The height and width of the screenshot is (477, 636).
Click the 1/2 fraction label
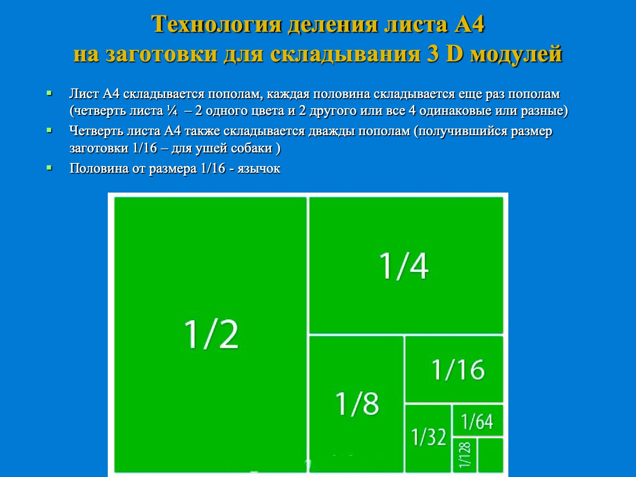pyautogui.click(x=211, y=334)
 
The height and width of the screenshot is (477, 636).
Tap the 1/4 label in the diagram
pyautogui.click(x=404, y=266)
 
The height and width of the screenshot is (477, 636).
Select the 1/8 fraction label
pyautogui.click(x=357, y=404)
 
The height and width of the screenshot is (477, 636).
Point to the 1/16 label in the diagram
pyautogui.click(x=458, y=370)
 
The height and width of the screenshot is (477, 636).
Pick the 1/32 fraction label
pyautogui.click(x=429, y=437)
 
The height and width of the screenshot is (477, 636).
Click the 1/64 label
pyautogui.click(x=477, y=421)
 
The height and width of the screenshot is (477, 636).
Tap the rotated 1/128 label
pyautogui.click(x=465, y=455)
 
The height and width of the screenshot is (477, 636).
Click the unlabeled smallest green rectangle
pyautogui.click(x=491, y=455)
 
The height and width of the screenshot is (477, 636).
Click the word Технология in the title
pyautogui.click(x=216, y=24)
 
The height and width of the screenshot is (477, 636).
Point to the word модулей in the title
pyautogui.click(x=516, y=54)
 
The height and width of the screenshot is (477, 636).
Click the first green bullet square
pyautogui.click(x=49, y=93)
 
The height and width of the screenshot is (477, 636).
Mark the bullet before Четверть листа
pyautogui.click(x=49, y=131)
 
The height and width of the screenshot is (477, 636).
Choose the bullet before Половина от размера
pyautogui.click(x=49, y=168)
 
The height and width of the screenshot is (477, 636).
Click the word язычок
pyautogui.click(x=259, y=169)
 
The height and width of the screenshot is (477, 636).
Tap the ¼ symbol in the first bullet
pyautogui.click(x=172, y=111)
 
